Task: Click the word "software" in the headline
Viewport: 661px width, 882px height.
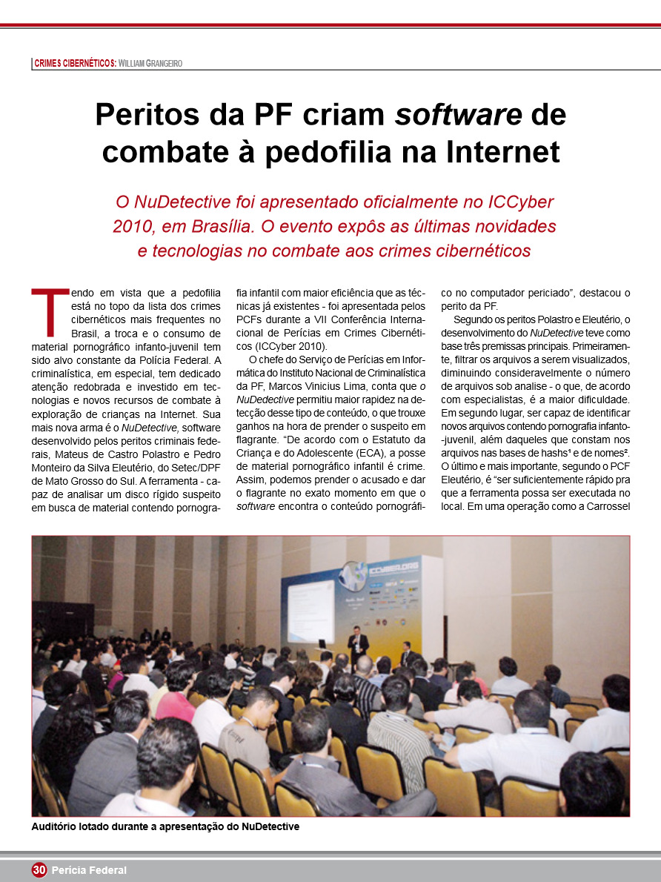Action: (458, 115)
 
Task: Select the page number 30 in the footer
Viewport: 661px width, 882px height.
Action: (39, 870)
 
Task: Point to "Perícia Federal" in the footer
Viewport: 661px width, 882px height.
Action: (89, 870)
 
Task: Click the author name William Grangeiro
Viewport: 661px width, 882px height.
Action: (150, 64)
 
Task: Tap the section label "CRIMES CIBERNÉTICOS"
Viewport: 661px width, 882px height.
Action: (73, 64)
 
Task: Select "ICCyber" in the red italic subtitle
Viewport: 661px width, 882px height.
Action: (511, 201)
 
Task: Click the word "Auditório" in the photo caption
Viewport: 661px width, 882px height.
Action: (59, 826)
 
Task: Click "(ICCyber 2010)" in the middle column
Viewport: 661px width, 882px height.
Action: (281, 346)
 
